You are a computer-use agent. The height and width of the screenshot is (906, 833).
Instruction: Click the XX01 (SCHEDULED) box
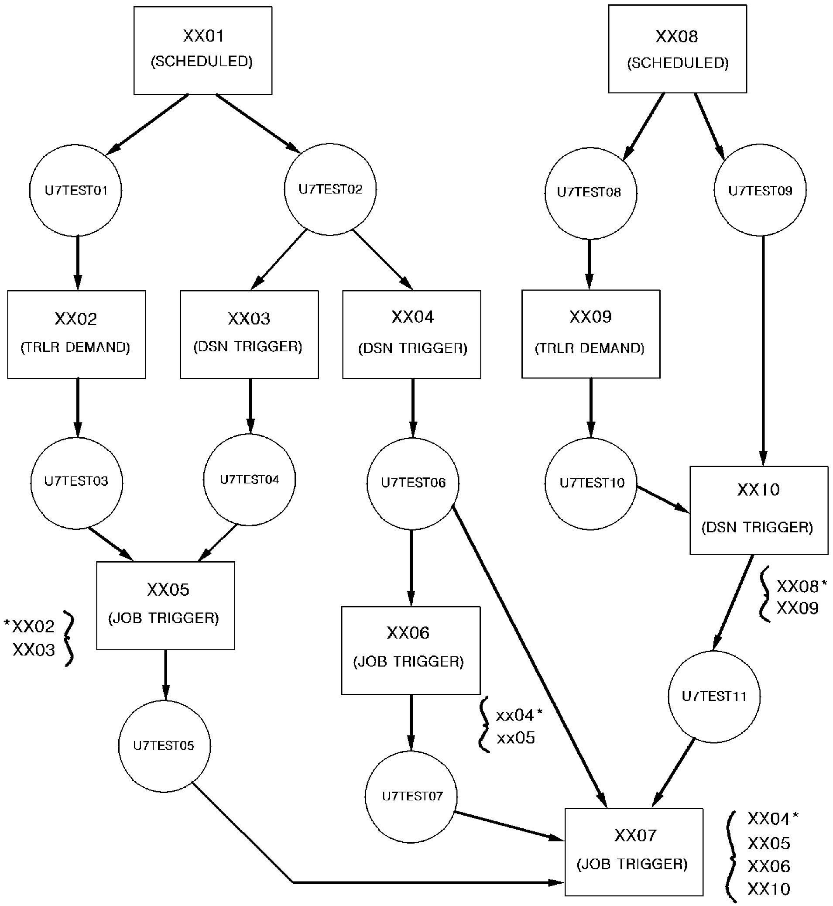[x=203, y=51]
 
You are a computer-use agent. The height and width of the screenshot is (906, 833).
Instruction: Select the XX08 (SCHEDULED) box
[x=677, y=49]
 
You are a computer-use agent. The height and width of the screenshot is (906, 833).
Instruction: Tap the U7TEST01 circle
[x=76, y=190]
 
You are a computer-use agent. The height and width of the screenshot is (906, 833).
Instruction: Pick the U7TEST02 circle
[x=330, y=189]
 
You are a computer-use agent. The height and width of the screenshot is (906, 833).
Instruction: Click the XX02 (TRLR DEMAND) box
[x=76, y=334]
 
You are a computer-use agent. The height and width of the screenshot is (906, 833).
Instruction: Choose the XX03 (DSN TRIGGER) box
[x=249, y=334]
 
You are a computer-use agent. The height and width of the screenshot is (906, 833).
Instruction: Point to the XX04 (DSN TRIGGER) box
[x=411, y=334]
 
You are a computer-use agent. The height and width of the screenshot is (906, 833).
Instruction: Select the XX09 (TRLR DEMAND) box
[x=590, y=334]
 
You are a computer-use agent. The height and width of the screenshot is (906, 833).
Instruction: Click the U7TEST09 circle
[x=760, y=190]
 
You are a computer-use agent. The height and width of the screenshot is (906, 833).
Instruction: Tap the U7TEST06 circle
[x=413, y=483]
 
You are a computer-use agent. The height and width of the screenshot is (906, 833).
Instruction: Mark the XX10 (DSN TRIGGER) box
[x=759, y=510]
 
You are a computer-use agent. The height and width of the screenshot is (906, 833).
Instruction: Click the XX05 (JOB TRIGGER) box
[x=165, y=605]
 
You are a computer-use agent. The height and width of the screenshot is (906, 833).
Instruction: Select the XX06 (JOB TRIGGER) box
[x=411, y=650]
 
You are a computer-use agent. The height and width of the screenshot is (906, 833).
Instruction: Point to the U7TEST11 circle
[x=714, y=697]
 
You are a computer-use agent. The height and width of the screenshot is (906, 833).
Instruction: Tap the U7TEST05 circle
[x=164, y=746]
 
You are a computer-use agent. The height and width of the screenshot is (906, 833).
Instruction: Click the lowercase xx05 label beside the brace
[x=516, y=738]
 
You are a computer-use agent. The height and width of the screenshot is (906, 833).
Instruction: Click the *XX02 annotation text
[x=30, y=627]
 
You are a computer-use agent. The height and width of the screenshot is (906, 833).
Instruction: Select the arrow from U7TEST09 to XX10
[x=763, y=352]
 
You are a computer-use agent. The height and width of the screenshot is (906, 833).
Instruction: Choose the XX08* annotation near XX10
[x=801, y=587]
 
